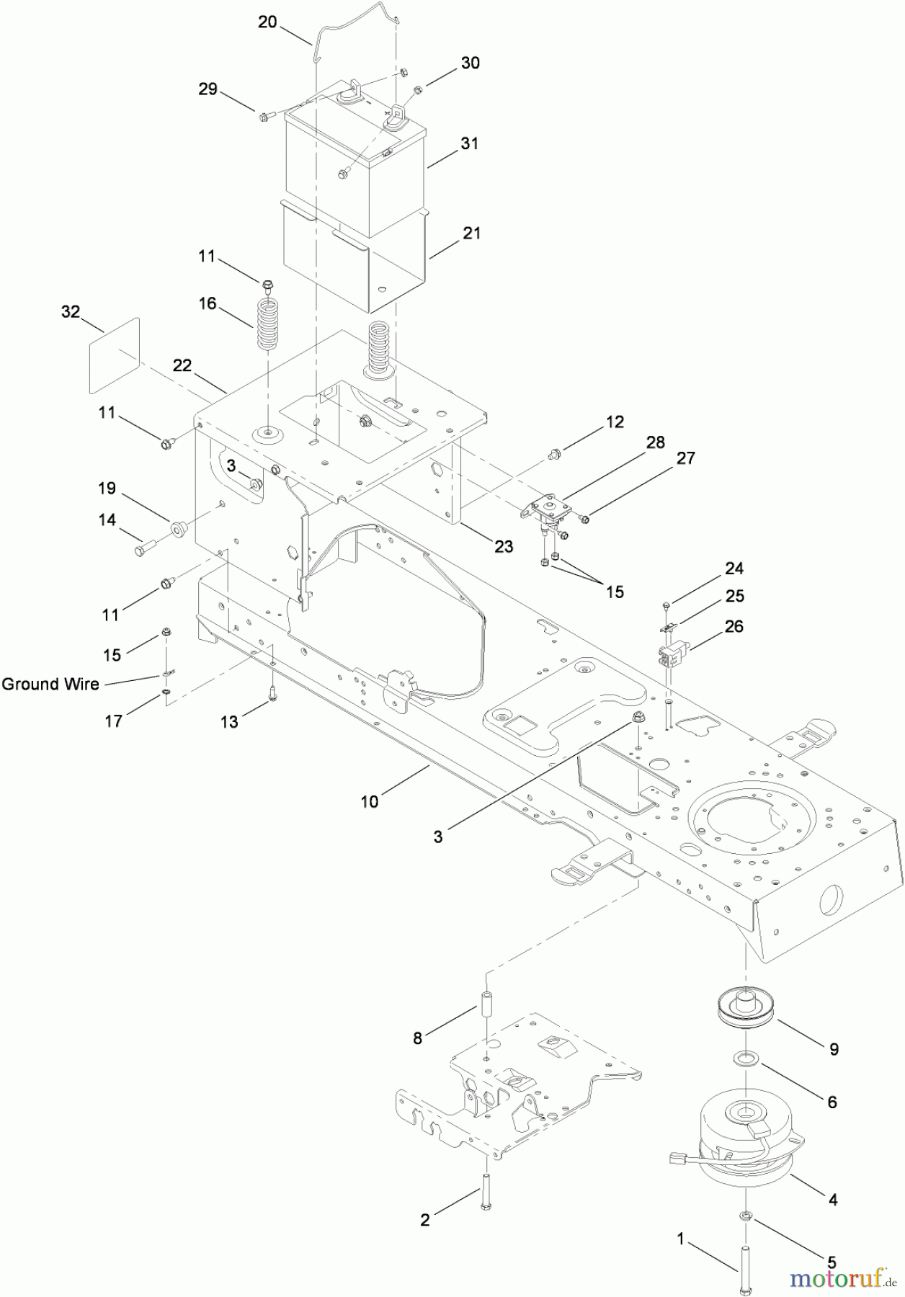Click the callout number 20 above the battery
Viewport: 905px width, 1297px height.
tap(267, 22)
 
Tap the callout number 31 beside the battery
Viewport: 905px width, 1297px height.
tap(469, 143)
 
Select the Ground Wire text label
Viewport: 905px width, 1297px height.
tap(50, 684)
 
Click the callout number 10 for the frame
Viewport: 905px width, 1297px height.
tap(370, 801)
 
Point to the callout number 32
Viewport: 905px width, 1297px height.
tap(71, 312)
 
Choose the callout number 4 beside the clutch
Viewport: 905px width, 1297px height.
tap(833, 1200)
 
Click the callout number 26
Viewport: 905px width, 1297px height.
tap(734, 626)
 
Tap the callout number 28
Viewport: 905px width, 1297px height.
tap(655, 442)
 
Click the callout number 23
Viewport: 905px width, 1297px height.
tap(504, 546)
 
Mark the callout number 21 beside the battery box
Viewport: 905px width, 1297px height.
tap(472, 233)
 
